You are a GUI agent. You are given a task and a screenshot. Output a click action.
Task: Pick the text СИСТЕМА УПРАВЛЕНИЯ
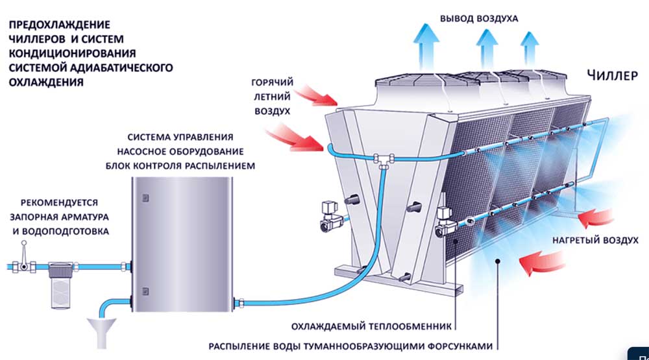180,138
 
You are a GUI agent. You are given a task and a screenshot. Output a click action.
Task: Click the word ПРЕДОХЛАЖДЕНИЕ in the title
51,25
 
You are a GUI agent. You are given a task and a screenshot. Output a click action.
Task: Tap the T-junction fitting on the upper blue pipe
382,157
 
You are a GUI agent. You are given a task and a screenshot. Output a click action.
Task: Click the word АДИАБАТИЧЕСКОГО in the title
132,68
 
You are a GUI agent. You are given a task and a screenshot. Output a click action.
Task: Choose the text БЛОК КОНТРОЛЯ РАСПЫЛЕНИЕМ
180,166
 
